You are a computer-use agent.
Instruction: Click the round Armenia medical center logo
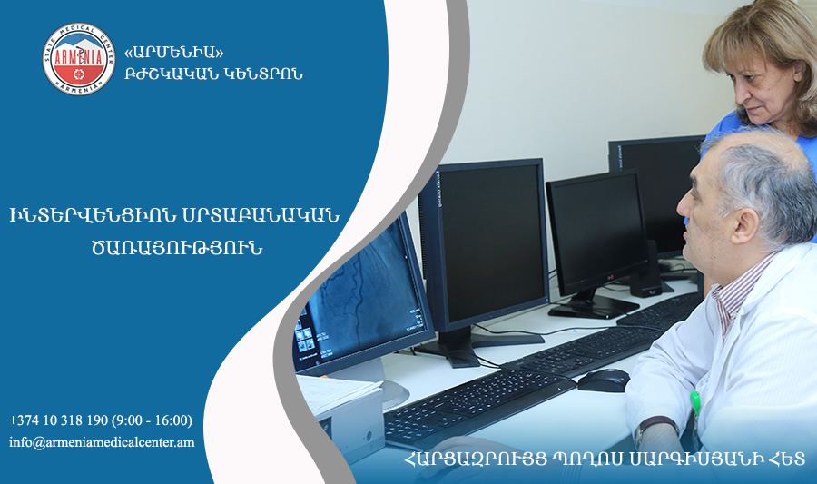[x=79, y=59]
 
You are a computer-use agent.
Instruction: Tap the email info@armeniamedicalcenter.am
[x=102, y=442]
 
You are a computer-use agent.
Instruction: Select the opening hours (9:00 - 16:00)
[x=152, y=420]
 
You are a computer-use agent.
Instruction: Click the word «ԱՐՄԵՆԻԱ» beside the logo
[x=174, y=52]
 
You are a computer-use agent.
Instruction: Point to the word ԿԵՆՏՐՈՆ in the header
[x=263, y=74]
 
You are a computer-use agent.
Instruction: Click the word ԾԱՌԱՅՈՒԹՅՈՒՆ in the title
[x=177, y=248]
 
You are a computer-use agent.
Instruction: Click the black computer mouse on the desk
[x=604, y=380]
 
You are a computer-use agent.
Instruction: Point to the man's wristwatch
[x=655, y=429]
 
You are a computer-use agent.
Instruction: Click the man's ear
[x=744, y=226]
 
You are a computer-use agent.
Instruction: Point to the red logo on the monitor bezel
[x=611, y=277]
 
